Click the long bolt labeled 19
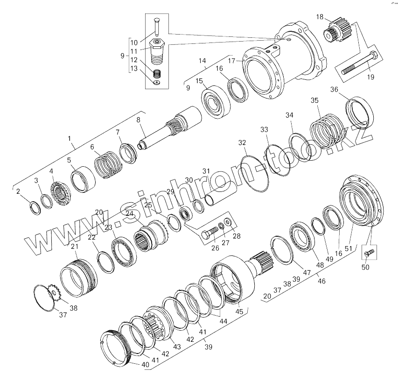point(360,63)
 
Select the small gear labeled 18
point(336,31)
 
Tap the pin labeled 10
point(157,27)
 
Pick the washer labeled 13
point(157,83)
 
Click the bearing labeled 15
point(216,102)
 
